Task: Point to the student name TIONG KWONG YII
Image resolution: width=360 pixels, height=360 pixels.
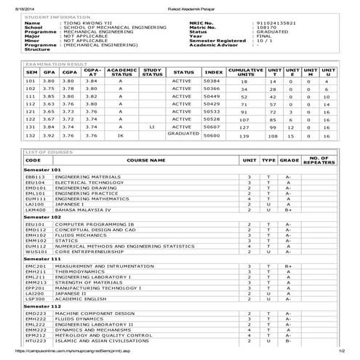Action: coord(84,24)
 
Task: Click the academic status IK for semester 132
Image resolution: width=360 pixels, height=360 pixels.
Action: coord(120,135)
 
